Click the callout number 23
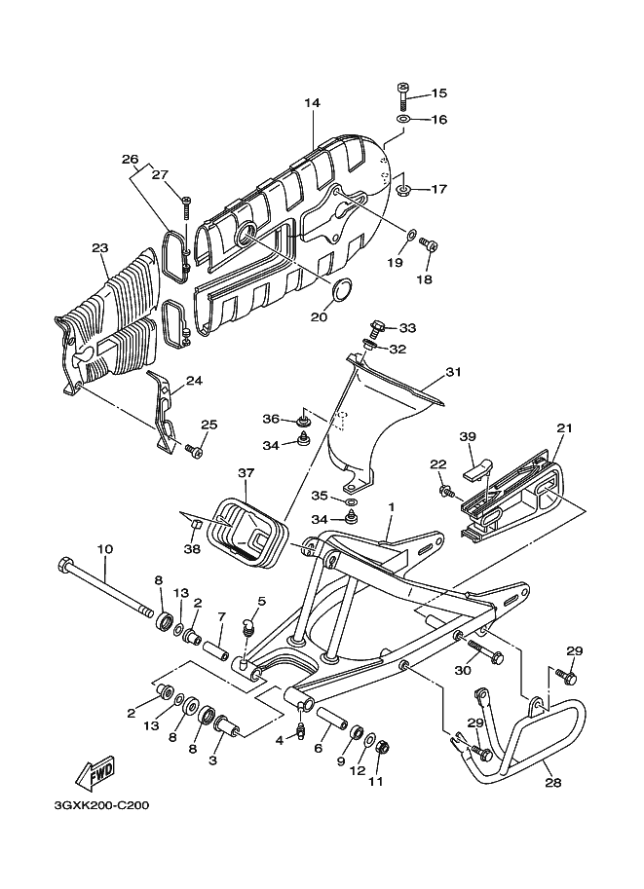point(98,247)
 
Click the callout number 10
point(105,549)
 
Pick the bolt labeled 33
point(378,327)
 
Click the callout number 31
point(452,372)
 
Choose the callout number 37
point(246,472)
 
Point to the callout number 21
point(562,428)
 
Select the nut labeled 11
point(382,748)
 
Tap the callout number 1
point(391,507)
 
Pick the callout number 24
point(194,381)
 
